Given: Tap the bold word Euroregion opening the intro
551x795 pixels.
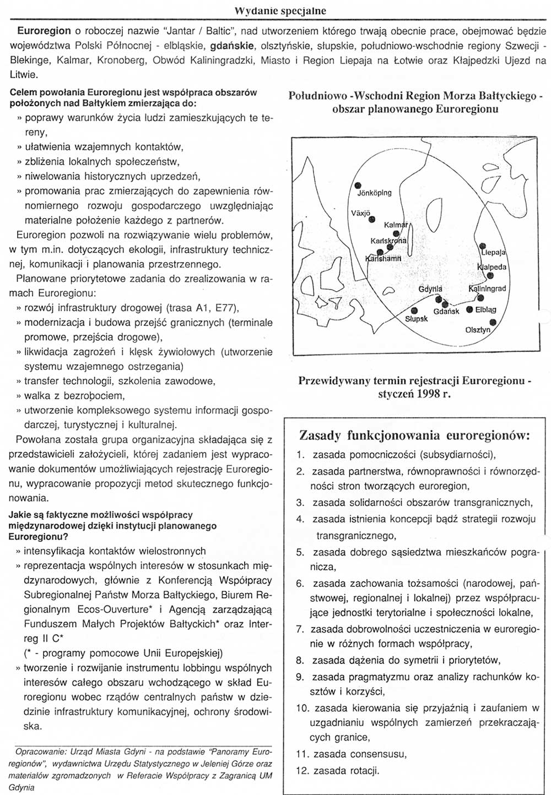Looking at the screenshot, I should coord(44,31).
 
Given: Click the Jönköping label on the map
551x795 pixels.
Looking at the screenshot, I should coord(375,193).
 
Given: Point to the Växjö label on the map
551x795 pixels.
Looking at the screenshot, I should coord(361,213).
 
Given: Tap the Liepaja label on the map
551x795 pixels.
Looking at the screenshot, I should coord(493,253).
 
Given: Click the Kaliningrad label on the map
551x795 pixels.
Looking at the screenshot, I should coord(487,288).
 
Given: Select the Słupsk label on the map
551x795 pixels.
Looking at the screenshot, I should coord(416,319).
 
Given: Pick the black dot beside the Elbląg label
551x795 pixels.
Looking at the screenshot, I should coord(469,309).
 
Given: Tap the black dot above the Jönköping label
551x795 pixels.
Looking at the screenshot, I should coord(358,185).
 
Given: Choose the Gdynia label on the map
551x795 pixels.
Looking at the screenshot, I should coord(430,289).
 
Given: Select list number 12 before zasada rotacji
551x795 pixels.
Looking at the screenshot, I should coord(302,771).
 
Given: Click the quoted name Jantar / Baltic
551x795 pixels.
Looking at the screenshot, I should coord(188,31).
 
